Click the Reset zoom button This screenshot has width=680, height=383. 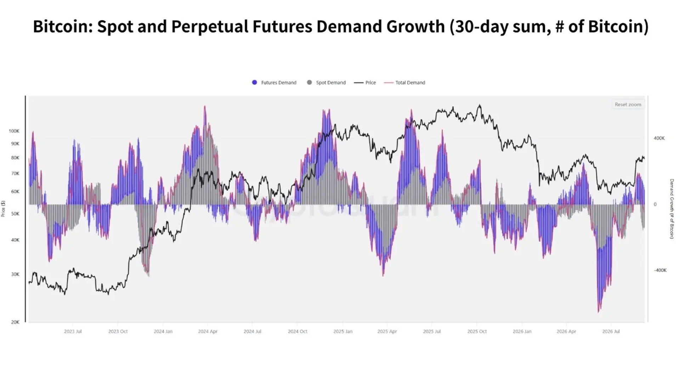coord(628,104)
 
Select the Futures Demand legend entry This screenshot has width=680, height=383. coord(274,83)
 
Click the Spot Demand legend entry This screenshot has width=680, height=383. coord(326,83)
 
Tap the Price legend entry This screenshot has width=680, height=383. coord(365,83)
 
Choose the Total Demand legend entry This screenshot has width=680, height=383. coord(404,83)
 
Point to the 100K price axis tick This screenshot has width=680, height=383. coord(14,131)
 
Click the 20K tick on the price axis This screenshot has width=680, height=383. coord(15,322)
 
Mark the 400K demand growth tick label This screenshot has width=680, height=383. coord(659,138)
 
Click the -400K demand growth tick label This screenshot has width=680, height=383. coord(660,270)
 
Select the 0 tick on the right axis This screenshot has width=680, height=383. coord(655,204)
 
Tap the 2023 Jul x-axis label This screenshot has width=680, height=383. coord(73,331)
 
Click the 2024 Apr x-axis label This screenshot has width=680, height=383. coord(208,331)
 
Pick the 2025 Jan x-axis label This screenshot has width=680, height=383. coord(343,331)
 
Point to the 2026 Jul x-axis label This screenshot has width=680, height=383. coord(611,331)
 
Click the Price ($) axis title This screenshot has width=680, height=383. coord(3,209)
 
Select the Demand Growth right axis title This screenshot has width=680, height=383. coord(671,209)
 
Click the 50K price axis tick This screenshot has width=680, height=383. coord(15,214)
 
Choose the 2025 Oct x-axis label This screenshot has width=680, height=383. coord(477,331)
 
